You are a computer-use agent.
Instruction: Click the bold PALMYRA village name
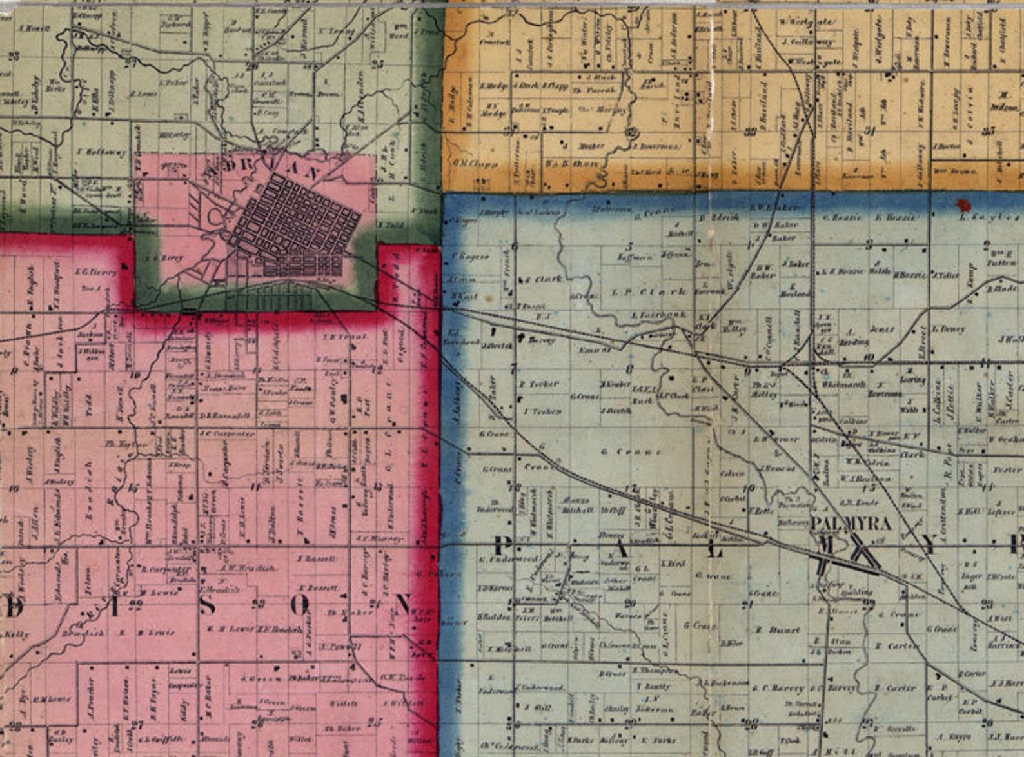pyautogui.click(x=851, y=523)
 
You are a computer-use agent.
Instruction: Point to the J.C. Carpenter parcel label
pyautogui.click(x=215, y=433)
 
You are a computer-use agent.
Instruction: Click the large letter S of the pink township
pyautogui.click(x=208, y=605)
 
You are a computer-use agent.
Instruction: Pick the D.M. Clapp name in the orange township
pyautogui.click(x=476, y=163)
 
